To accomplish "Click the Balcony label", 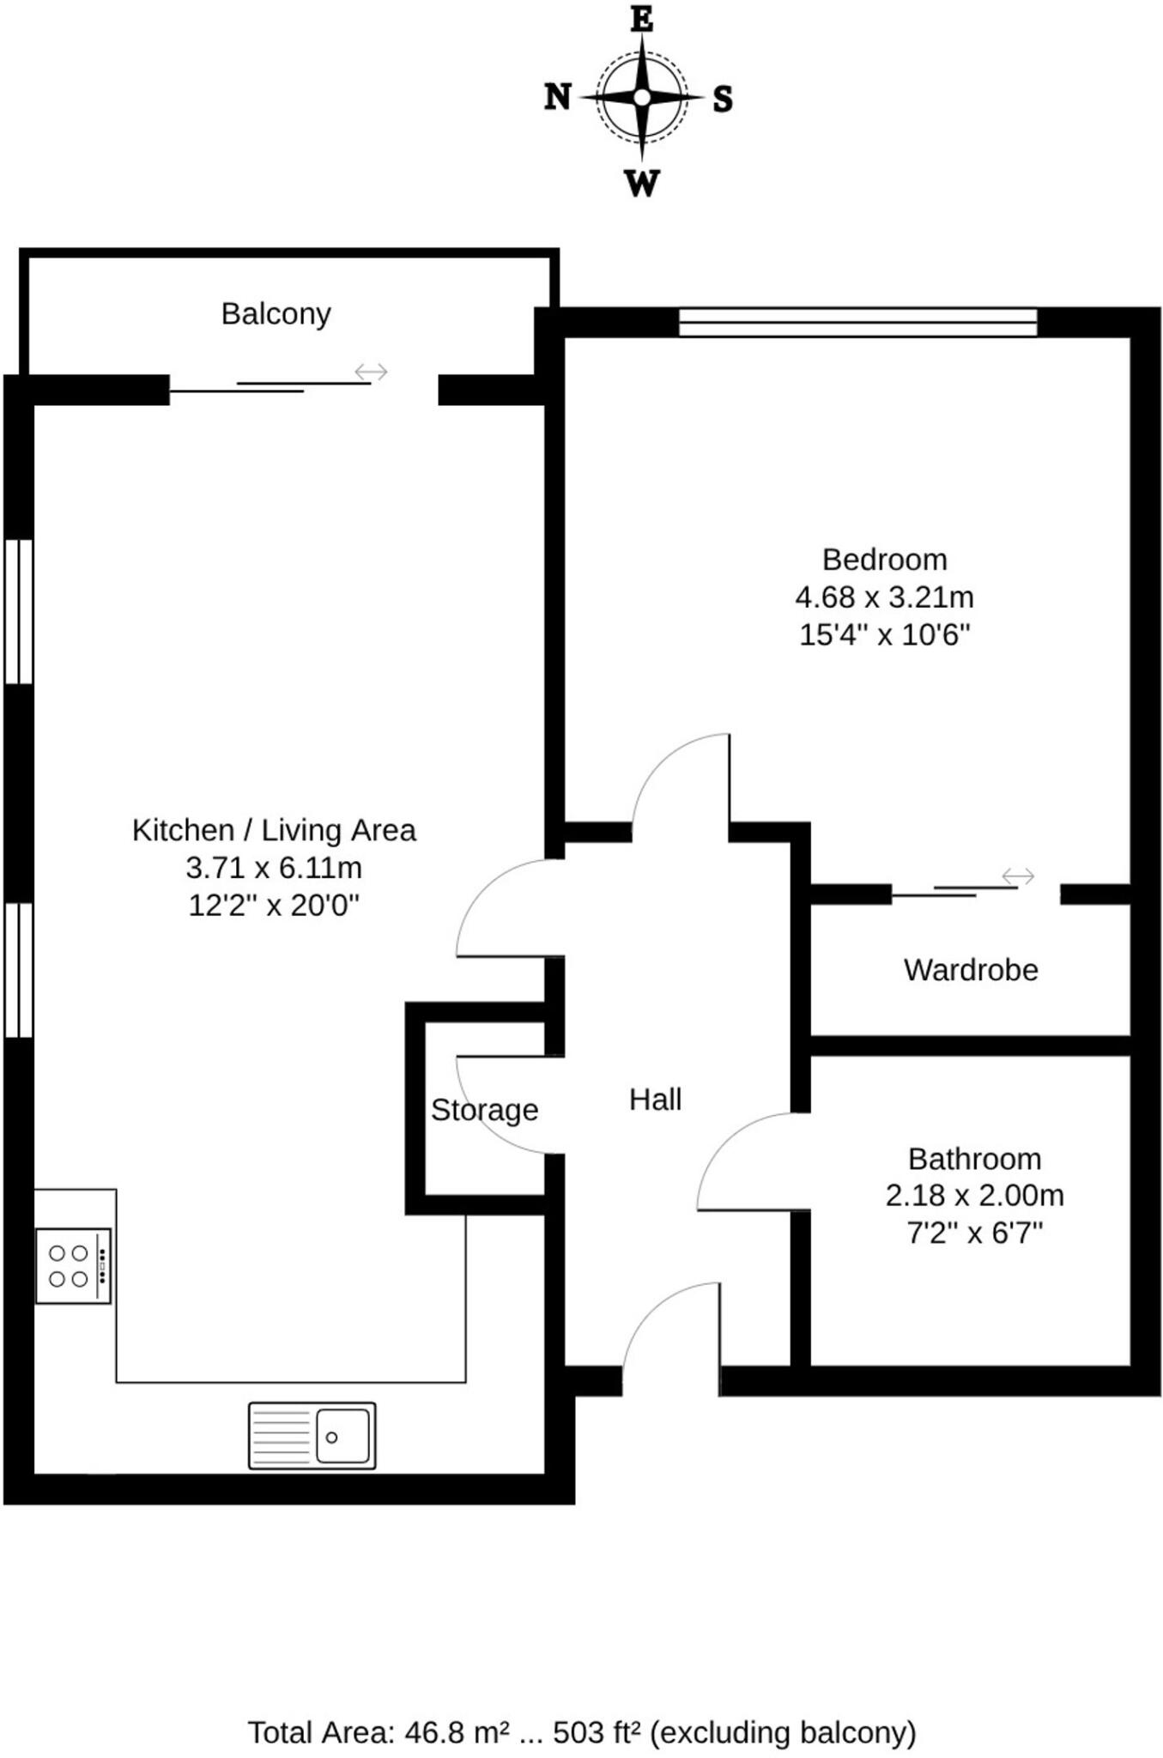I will click(276, 314).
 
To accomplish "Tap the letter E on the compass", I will click(642, 19).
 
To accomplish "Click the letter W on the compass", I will click(642, 183).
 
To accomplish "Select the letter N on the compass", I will click(558, 97).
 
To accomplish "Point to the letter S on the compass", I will click(723, 100).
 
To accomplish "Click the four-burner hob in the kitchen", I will click(73, 1266).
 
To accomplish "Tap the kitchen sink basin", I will click(342, 1436).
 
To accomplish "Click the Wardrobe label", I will click(971, 970).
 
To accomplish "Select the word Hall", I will click(655, 1100).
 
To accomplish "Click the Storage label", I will click(484, 1110).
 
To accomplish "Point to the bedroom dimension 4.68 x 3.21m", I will click(884, 597).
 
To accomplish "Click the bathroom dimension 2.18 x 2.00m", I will click(974, 1195).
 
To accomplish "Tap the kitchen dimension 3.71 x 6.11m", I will click(274, 868).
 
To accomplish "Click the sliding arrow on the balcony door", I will click(372, 372).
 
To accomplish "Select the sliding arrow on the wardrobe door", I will click(1018, 876).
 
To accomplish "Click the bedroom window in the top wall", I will click(857, 323).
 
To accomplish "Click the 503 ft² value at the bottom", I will click(597, 1732).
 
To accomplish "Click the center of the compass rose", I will click(642, 98).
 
